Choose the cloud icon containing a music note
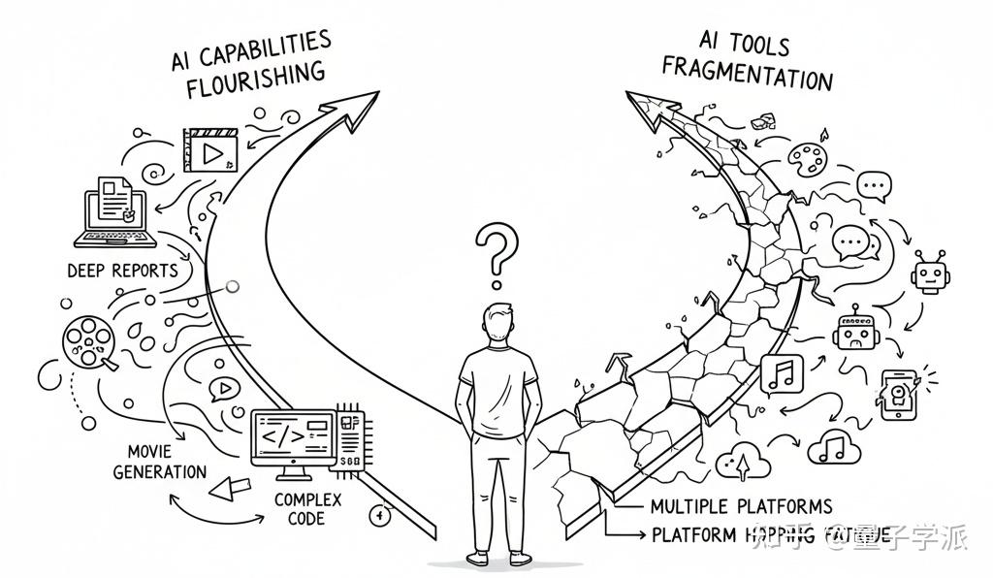(832, 447)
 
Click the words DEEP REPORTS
(122, 270)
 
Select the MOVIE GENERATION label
(160, 463)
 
